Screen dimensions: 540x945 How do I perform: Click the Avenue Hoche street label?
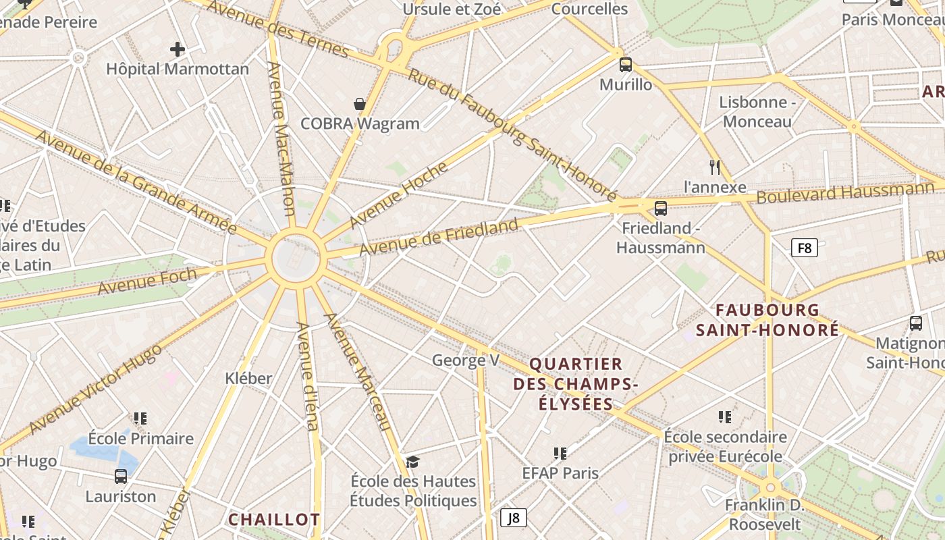click(x=398, y=195)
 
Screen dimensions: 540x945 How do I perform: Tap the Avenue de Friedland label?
click(x=439, y=238)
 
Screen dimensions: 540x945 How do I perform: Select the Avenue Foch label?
click(x=147, y=281)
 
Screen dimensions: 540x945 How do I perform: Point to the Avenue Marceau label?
click(x=358, y=372)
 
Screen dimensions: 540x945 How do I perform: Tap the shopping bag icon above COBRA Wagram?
click(x=360, y=104)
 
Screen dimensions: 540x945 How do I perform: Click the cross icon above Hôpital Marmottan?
click(x=178, y=49)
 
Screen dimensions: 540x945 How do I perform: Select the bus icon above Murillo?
click(x=626, y=65)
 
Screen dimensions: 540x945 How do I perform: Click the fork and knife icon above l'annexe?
click(x=715, y=167)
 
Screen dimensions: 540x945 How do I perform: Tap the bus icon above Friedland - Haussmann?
click(x=661, y=208)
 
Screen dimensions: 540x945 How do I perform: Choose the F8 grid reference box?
click(x=804, y=248)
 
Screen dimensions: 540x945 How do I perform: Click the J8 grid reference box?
click(x=514, y=518)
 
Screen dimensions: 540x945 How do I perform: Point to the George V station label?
click(x=466, y=360)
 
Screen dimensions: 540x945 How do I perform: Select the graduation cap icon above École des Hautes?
click(x=412, y=462)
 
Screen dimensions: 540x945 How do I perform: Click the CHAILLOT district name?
click(x=273, y=520)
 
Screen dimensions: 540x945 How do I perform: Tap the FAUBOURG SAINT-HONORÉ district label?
click(x=767, y=320)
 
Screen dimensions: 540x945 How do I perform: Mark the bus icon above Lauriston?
click(x=121, y=477)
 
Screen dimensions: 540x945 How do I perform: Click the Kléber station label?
click(x=248, y=379)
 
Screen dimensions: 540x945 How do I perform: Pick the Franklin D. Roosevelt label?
click(x=763, y=514)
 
